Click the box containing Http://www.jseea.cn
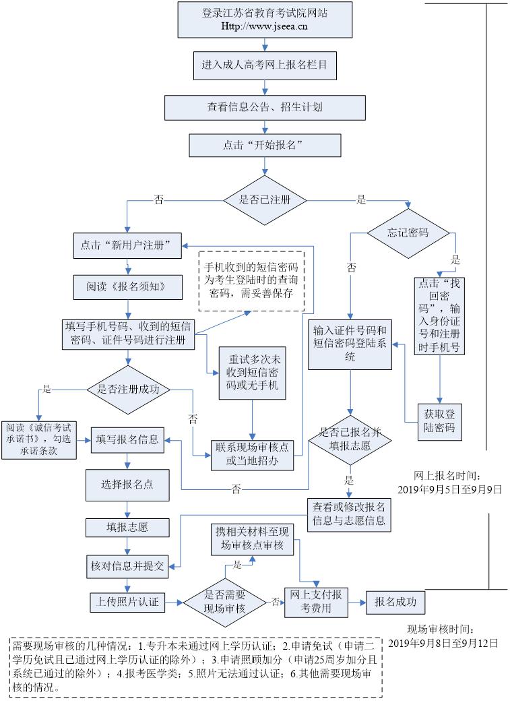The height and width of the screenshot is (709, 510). [x=265, y=20]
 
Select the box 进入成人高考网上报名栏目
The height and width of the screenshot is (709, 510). [x=265, y=66]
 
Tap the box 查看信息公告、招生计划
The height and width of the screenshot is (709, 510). [x=265, y=107]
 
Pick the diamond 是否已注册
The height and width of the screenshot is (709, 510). [x=265, y=199]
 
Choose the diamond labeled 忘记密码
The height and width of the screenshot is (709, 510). [x=408, y=233]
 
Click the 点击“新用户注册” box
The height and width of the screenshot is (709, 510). [x=126, y=244]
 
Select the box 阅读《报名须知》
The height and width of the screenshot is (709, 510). [x=119, y=286]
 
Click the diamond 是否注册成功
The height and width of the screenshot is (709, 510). [x=128, y=389]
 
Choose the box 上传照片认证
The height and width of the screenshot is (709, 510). [x=127, y=602]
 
